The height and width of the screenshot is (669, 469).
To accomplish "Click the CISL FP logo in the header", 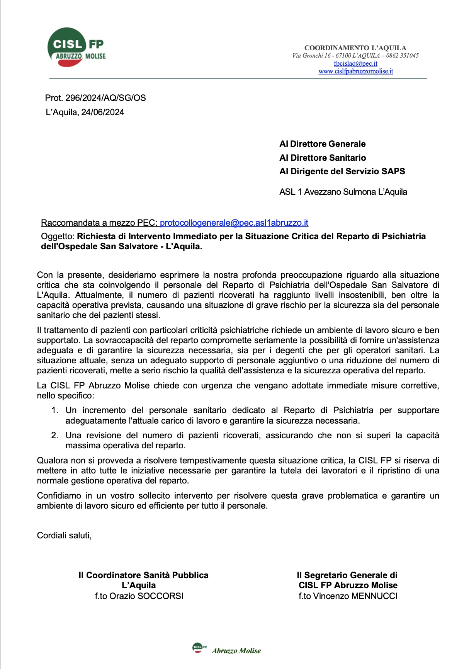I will tap(76, 48).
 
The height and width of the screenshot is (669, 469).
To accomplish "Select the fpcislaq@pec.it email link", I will tap(355, 63).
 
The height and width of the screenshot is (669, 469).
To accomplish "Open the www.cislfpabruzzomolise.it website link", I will tap(355, 71).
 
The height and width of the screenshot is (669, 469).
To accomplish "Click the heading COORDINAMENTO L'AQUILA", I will tap(355, 48).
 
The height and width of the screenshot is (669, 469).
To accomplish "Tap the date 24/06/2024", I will tap(103, 112).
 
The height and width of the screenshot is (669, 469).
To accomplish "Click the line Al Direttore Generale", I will tap(322, 144).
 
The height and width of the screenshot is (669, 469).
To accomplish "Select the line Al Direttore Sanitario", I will tap(323, 158).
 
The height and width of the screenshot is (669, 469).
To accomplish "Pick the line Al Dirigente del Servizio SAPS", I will tap(342, 171).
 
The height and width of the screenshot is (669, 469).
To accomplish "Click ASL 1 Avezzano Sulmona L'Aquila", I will tap(343, 192).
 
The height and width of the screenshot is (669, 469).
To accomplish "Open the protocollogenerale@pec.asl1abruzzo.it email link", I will tap(234, 223).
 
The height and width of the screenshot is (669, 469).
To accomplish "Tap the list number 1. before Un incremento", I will tap(55, 410).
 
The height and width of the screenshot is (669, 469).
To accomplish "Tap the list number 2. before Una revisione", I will tap(55, 435).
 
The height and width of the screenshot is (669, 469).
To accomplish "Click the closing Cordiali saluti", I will tap(64, 535).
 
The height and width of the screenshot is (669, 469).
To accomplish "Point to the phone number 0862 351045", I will tap(402, 56).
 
